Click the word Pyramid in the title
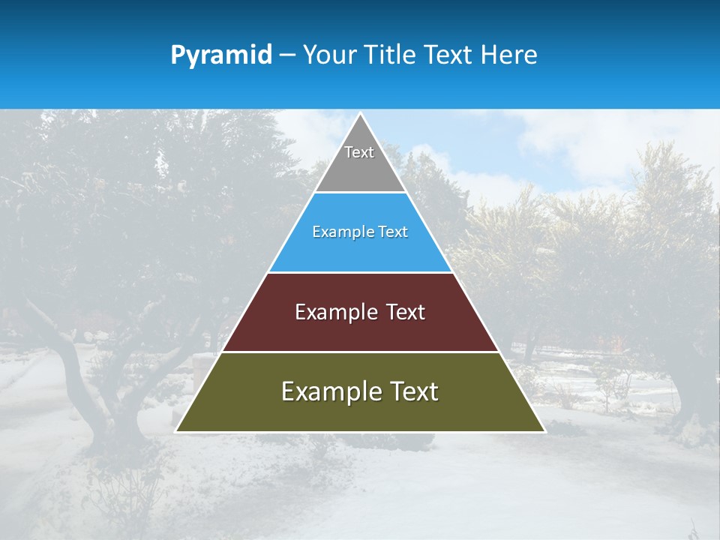pos(221,55)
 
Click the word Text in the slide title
pos(448,55)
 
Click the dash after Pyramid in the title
pos(287,55)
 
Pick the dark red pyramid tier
pos(360,330)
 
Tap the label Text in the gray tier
pos(359,152)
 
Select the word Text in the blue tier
pos(392,232)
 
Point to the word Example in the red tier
pos(334,312)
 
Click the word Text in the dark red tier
pos(406,312)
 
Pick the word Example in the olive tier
pos(327,391)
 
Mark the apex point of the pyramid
pos(360,114)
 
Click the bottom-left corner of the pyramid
pos(176,431)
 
